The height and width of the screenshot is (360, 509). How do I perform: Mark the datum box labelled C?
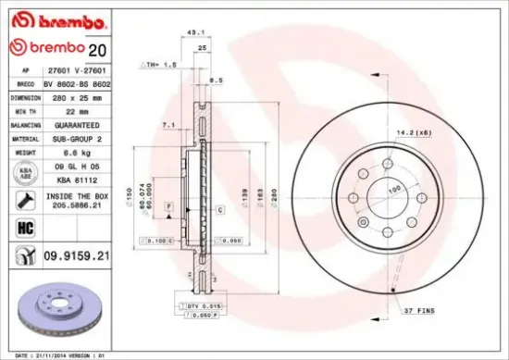(221, 211)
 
